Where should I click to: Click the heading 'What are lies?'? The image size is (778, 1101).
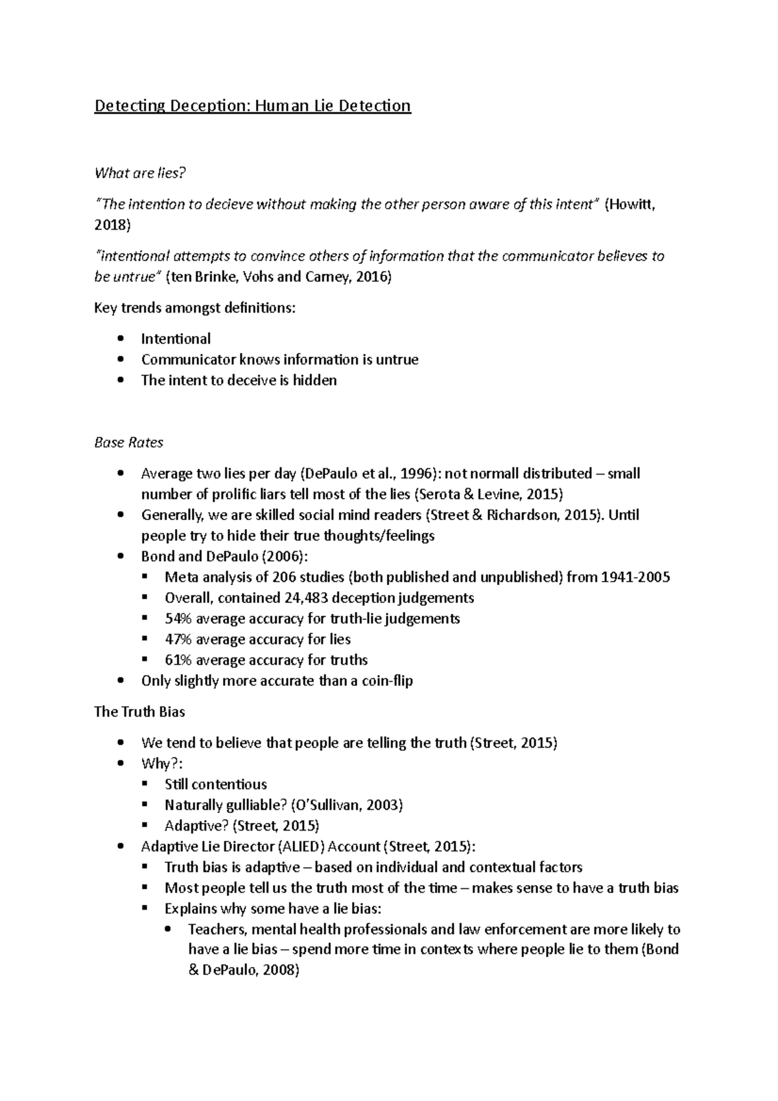pyautogui.click(x=140, y=173)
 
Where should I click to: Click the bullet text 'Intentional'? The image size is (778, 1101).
pyautogui.click(x=176, y=339)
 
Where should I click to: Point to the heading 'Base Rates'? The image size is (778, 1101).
pyautogui.click(x=128, y=443)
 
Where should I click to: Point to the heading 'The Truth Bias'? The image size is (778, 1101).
pyautogui.click(x=139, y=712)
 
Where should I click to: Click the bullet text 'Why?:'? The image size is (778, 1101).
pyautogui.click(x=158, y=764)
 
